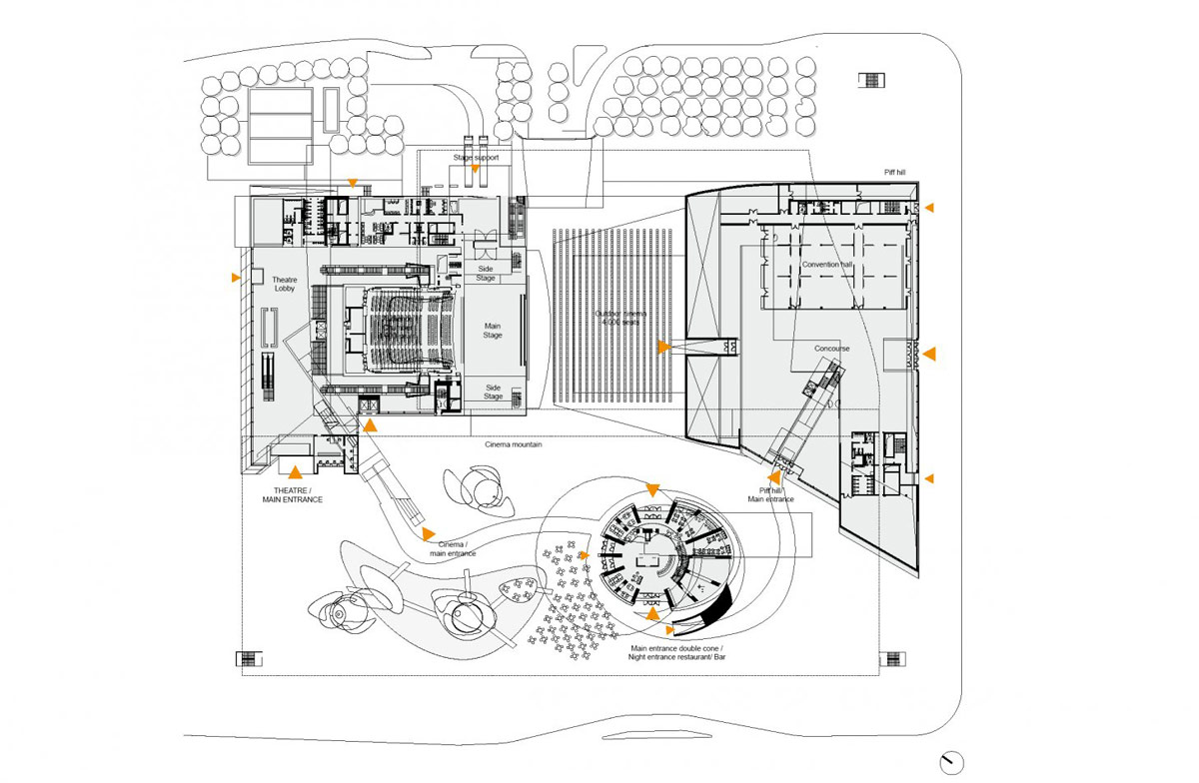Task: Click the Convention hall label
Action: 826,265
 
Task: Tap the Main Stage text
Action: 493,332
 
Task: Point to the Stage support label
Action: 476,158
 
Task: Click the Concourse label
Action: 831,349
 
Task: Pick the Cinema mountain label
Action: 514,444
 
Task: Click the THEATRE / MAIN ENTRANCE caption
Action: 293,493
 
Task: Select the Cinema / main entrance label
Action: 453,548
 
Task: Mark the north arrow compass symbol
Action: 953,761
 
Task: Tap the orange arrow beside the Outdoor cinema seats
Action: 662,348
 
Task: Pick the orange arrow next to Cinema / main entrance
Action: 429,533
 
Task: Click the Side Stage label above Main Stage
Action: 486,273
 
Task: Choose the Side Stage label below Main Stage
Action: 493,391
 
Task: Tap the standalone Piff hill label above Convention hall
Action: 894,173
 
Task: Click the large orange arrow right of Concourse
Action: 928,354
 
